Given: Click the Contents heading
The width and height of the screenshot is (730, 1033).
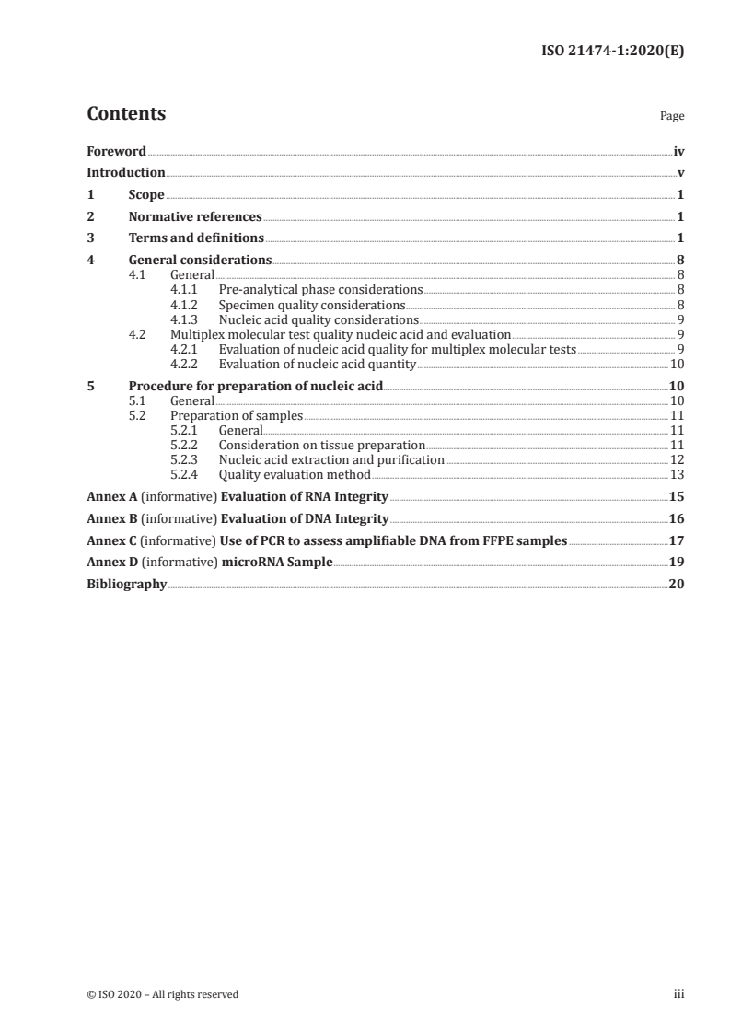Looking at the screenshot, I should [x=126, y=114].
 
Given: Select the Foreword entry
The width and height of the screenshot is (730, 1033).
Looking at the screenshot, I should [x=116, y=151].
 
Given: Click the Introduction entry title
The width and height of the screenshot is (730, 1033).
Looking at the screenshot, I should [x=125, y=173].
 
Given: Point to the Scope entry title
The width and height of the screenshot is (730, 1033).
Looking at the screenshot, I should [x=146, y=195].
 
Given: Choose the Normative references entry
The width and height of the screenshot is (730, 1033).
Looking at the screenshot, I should [x=195, y=217].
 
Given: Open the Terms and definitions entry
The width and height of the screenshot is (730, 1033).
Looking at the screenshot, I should [x=196, y=238].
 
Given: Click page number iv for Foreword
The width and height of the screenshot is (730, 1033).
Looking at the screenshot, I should [x=678, y=151].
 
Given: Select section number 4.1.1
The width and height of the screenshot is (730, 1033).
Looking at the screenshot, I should [x=185, y=289].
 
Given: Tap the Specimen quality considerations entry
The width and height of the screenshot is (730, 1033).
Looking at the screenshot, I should [x=311, y=305].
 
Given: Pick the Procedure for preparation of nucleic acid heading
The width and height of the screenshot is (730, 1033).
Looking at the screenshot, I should [x=255, y=387].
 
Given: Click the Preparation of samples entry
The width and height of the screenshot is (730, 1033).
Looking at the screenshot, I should [x=237, y=416].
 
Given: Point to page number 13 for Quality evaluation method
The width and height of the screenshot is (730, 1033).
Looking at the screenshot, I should [x=677, y=475].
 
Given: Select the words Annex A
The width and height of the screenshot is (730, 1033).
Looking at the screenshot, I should [x=106, y=497].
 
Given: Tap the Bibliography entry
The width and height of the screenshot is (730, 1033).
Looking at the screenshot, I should [x=126, y=584].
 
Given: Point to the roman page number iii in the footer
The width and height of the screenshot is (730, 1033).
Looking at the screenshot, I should [x=679, y=994].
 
